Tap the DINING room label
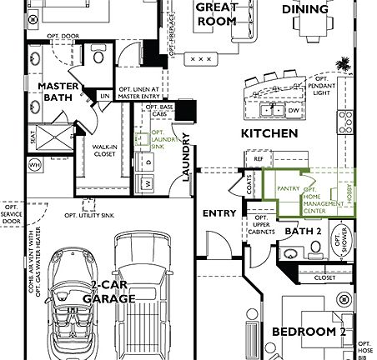click(x=304, y=10)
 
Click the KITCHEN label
click(x=269, y=133)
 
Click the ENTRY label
click(x=220, y=213)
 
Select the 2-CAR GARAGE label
click(x=113, y=291)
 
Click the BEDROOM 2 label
click(x=309, y=332)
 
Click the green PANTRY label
click(x=288, y=190)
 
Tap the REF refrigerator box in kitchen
click(x=259, y=157)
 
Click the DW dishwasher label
click(x=293, y=109)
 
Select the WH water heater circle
click(x=34, y=166)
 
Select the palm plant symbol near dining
click(x=341, y=64)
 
